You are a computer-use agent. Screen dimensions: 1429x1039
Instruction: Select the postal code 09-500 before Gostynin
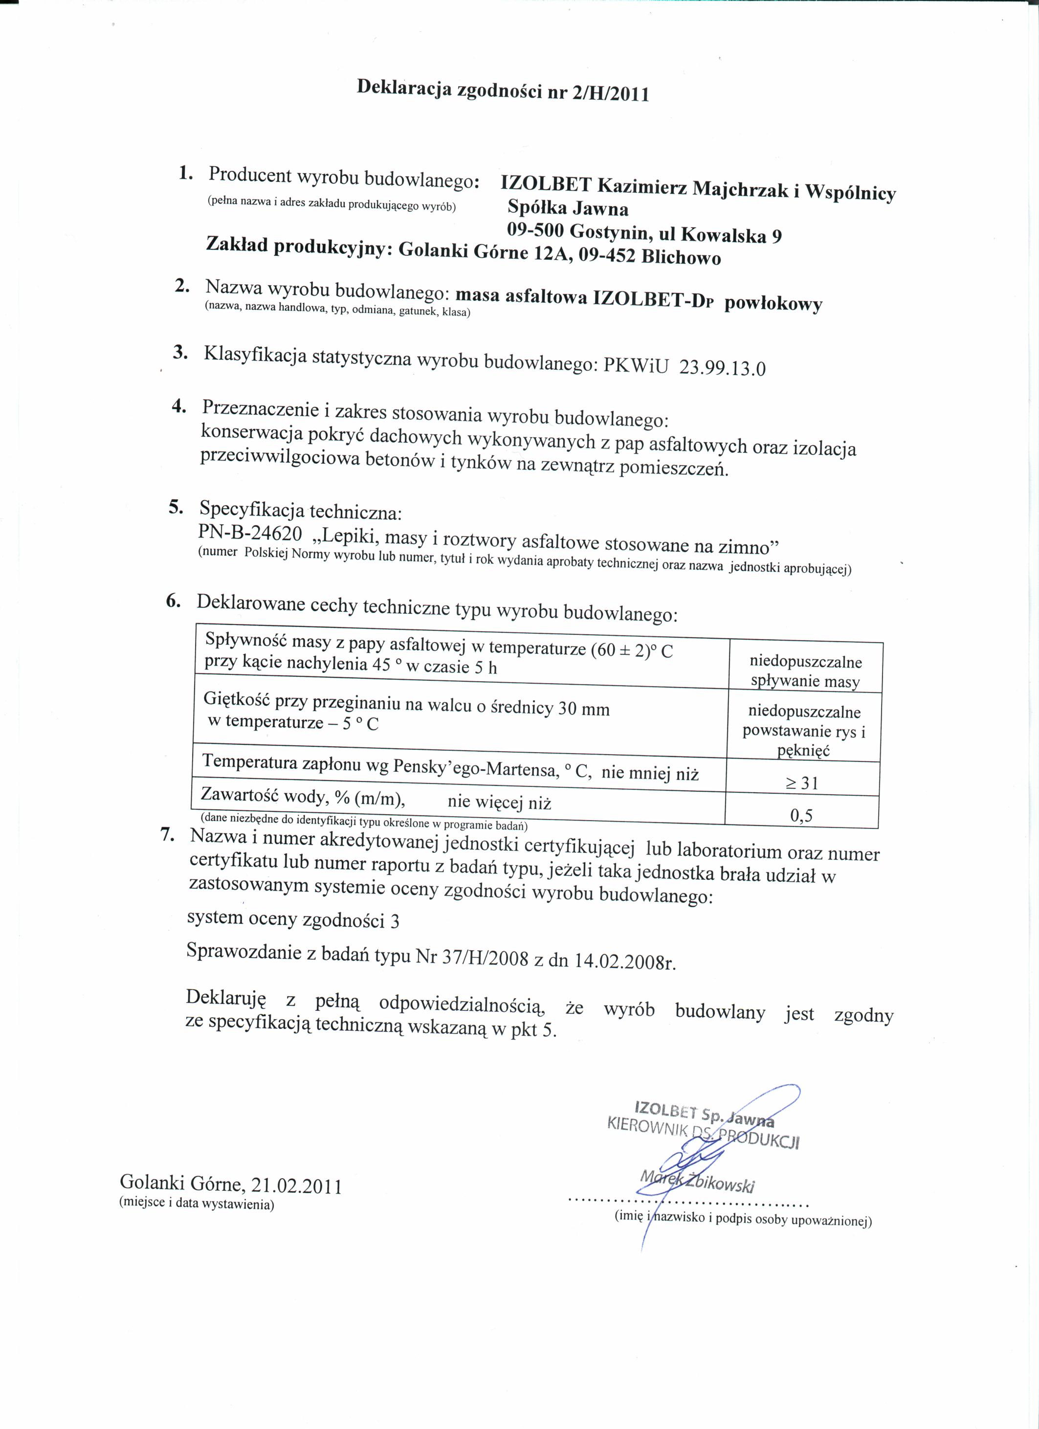[x=535, y=231]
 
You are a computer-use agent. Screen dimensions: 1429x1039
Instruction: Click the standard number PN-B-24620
[x=250, y=533]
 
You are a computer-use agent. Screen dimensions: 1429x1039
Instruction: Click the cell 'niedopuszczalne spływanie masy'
[x=805, y=671]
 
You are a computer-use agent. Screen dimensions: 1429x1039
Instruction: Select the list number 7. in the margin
[x=166, y=835]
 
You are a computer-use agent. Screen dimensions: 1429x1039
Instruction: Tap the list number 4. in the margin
[x=179, y=406]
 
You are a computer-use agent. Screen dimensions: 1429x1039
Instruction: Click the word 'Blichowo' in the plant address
[x=681, y=258]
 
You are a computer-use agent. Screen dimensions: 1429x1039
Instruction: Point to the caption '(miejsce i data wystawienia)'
[x=197, y=1204]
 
